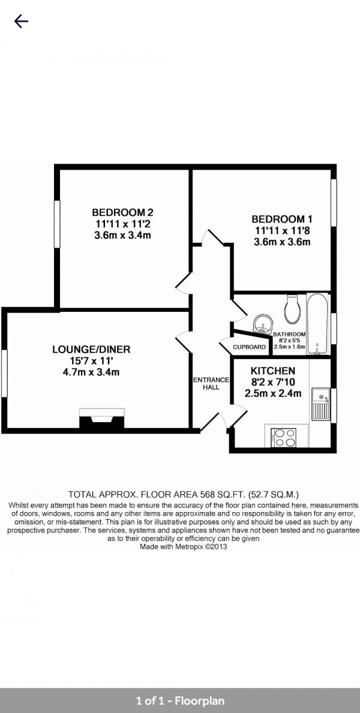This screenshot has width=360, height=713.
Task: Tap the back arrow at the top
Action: [22, 21]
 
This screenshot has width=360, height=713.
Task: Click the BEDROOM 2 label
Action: [122, 212]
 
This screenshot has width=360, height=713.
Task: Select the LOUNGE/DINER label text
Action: [91, 349]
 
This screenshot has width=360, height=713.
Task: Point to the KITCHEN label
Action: [272, 371]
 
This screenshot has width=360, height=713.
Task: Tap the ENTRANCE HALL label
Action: [211, 384]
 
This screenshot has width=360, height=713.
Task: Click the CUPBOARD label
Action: [250, 347]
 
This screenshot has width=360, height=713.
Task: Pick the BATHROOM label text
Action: [289, 334]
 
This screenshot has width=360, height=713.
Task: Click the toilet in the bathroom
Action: [291, 308]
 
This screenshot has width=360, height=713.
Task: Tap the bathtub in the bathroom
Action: [317, 324]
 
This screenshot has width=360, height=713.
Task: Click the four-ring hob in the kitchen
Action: [284, 438]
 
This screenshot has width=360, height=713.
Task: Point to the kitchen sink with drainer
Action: [321, 404]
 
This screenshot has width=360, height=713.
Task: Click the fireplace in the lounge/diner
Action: [102, 419]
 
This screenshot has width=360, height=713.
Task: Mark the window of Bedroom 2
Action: [58, 224]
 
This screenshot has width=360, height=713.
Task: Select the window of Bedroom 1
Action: [334, 202]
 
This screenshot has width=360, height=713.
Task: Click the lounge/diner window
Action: [5, 373]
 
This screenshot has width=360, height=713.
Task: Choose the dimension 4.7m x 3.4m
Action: [91, 372]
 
